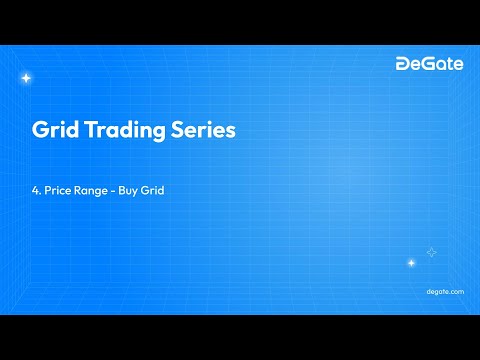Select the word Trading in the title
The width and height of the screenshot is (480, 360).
(x=124, y=132)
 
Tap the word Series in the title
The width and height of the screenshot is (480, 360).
(x=204, y=131)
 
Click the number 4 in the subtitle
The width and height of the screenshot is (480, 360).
(x=35, y=190)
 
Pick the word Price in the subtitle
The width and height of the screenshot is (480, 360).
(x=58, y=190)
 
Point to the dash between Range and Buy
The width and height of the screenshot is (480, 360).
(x=112, y=190)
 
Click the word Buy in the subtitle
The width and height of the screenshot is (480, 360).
(x=127, y=190)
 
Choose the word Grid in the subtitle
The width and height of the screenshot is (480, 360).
(x=151, y=190)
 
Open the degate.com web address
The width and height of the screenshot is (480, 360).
(x=445, y=291)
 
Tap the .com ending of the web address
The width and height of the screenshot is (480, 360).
(x=455, y=291)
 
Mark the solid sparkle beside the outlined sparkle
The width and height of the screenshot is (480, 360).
(x=411, y=263)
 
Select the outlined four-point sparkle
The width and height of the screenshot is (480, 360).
(x=431, y=252)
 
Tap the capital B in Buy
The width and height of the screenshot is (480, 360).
(x=122, y=190)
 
